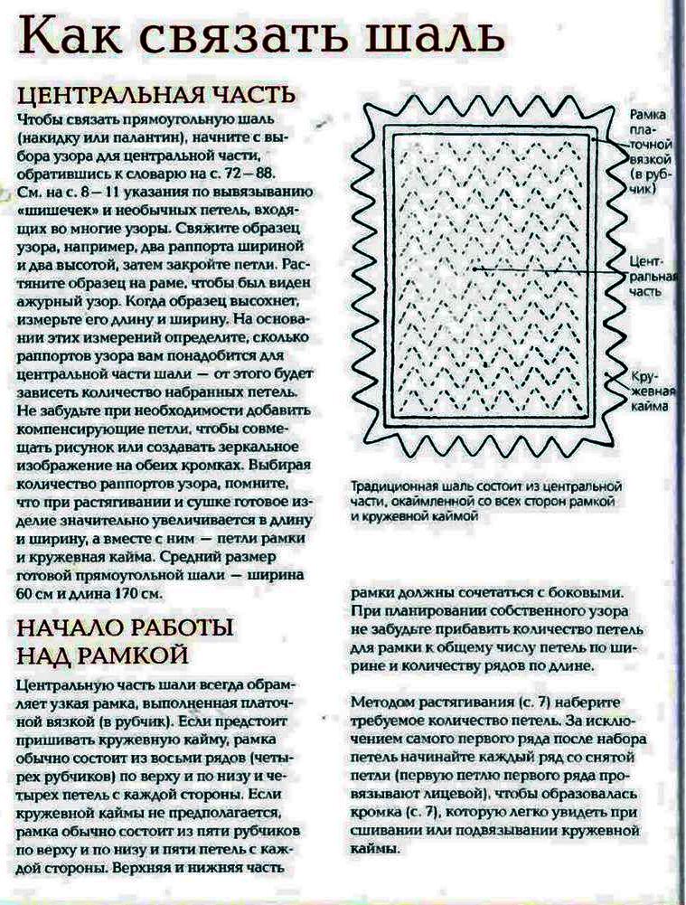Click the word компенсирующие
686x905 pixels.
click(85, 429)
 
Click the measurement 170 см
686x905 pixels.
click(137, 594)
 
